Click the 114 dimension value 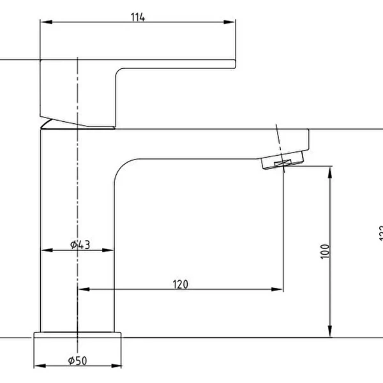point(138,17)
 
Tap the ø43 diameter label point(80,244)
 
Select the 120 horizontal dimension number point(180,284)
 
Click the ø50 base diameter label point(78,361)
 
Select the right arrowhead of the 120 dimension point(279,290)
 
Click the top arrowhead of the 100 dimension point(329,170)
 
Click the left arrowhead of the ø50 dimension point(37,366)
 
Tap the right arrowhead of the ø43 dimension point(110,251)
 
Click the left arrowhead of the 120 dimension point(81,290)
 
